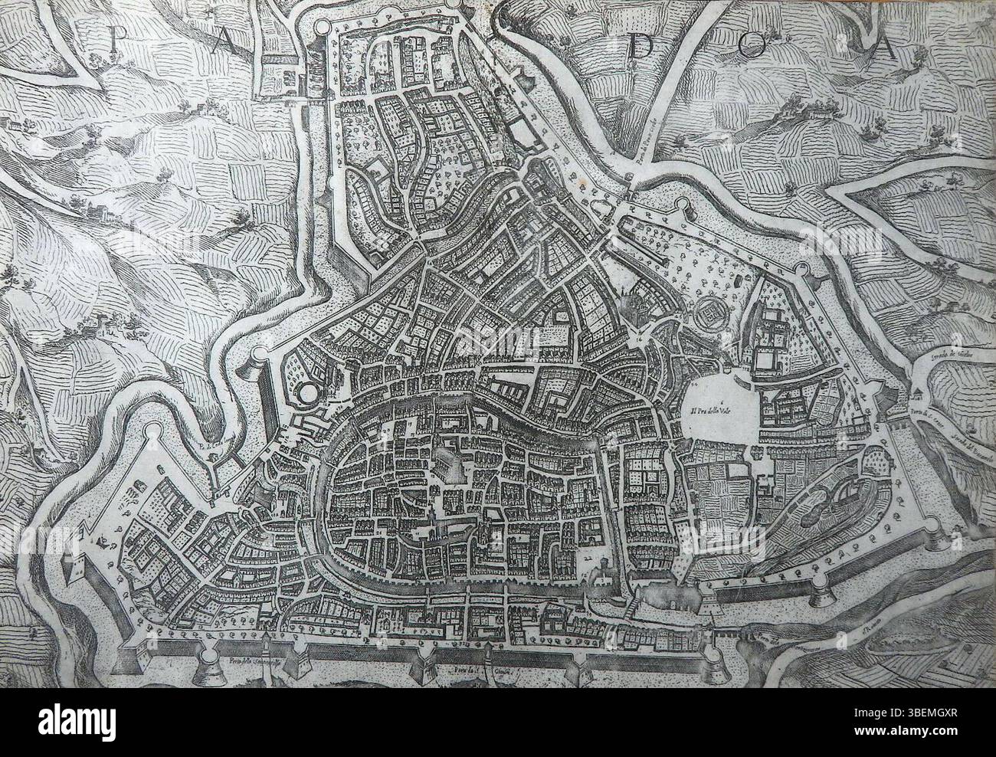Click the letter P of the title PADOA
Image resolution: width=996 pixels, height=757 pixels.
coord(116,40)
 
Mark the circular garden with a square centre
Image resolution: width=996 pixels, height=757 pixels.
coord(713,316)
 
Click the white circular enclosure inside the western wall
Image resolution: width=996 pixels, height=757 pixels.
coord(310,394)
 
